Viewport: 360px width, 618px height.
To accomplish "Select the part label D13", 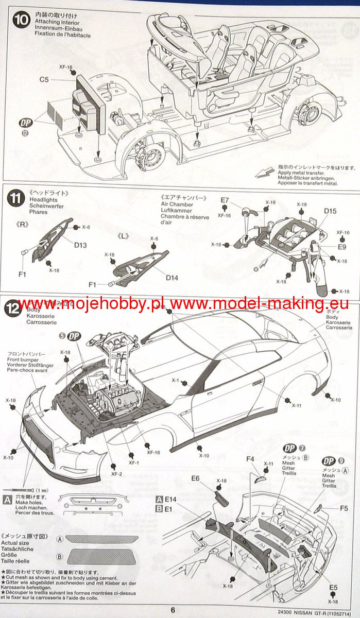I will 80,245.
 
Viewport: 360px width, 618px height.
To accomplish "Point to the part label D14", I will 172,278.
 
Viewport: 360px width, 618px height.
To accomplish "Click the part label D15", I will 331,211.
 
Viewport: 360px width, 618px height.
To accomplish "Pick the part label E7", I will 225,200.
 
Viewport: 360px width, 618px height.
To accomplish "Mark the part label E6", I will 195,478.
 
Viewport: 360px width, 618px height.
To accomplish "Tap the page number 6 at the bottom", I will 173,610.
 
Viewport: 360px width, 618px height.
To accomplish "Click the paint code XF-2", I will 117,474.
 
